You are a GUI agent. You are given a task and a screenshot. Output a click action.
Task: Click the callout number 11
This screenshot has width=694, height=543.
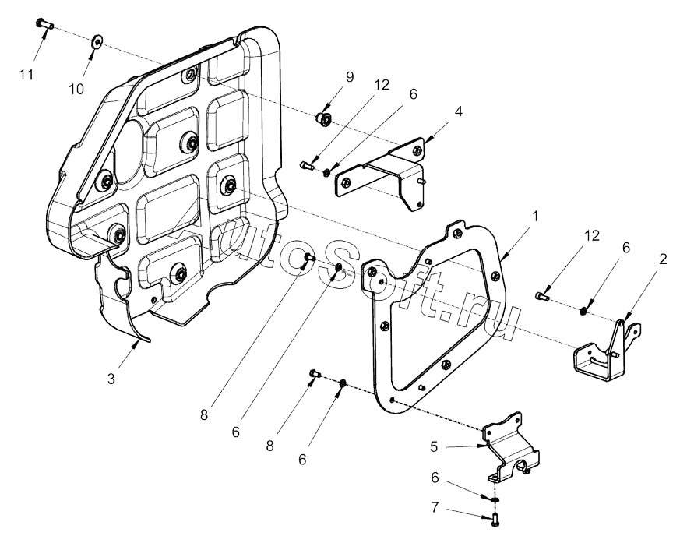click(x=27, y=74)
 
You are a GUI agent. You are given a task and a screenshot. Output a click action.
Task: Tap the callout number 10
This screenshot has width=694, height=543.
click(x=76, y=89)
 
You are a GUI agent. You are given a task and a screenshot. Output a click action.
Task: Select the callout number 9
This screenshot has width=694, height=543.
click(x=350, y=77)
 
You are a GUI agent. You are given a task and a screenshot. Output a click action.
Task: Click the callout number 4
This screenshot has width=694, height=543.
click(x=459, y=111)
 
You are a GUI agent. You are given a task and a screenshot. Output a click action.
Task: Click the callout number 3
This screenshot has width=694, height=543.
click(x=112, y=378)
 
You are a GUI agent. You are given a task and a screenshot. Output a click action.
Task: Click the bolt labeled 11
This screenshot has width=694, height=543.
click(x=44, y=24)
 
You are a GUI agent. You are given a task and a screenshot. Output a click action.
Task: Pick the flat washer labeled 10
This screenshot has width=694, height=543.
click(x=97, y=41)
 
